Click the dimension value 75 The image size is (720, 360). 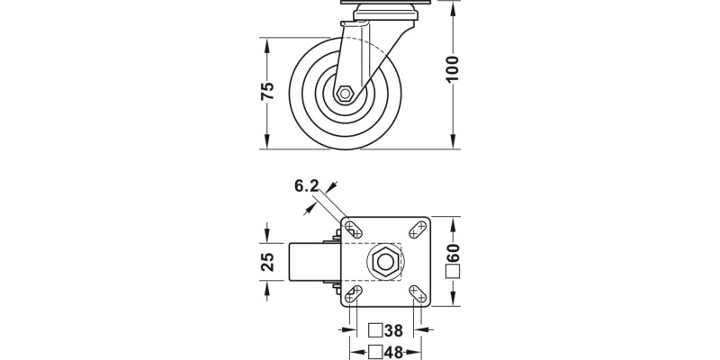click(267, 93)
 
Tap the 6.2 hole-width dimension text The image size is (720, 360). click(307, 186)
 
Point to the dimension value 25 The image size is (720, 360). click(267, 262)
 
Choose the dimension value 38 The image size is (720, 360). click(392, 331)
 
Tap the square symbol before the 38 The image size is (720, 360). click(375, 331)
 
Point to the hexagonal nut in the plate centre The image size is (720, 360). click(385, 263)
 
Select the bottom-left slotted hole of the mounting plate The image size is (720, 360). click(353, 294)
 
